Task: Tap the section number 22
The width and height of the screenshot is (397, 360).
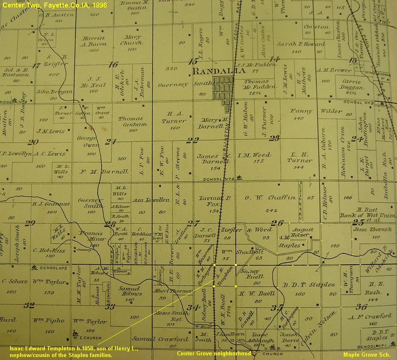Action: point(192,141)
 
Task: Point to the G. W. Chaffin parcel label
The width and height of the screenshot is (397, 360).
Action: point(270,198)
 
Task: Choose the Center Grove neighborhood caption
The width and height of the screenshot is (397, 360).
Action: point(214,353)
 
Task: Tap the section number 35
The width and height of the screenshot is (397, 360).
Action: point(276,308)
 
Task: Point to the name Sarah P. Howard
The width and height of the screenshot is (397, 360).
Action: point(301,44)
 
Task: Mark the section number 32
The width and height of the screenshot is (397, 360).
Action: point(29,305)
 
